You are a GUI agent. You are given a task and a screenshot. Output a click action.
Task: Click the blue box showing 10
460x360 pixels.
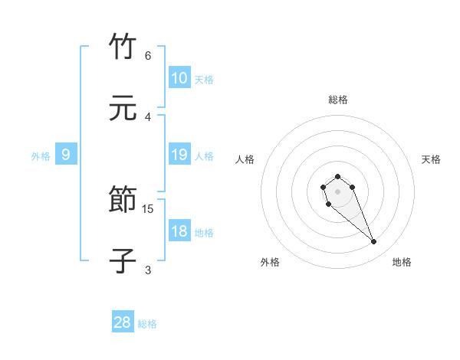click(179, 78)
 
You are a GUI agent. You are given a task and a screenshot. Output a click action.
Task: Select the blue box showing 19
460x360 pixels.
click(179, 155)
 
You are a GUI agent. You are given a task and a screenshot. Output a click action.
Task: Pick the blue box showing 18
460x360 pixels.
click(179, 231)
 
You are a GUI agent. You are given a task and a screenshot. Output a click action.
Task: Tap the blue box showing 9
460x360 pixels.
click(66, 155)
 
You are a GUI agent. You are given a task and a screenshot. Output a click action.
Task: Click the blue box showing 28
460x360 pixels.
click(123, 322)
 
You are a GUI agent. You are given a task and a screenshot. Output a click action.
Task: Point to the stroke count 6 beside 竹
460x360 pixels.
click(148, 55)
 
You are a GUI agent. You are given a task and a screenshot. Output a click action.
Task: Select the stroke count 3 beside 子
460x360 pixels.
click(148, 270)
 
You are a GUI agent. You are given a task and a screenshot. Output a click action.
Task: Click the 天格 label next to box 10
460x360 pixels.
click(204, 79)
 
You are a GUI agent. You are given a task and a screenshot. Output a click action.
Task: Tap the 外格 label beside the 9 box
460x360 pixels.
click(41, 155)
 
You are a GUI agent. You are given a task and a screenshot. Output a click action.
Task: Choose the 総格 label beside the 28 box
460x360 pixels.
click(147, 324)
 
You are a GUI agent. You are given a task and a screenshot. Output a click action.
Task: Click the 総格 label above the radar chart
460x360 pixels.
click(338, 100)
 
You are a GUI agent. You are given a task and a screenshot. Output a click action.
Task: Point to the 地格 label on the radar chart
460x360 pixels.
click(402, 262)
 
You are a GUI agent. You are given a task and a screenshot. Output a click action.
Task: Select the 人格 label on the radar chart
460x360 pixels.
click(245, 159)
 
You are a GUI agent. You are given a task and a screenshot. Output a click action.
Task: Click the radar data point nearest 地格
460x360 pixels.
click(374, 242)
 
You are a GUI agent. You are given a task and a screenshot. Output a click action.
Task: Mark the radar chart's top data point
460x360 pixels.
click(337, 177)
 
